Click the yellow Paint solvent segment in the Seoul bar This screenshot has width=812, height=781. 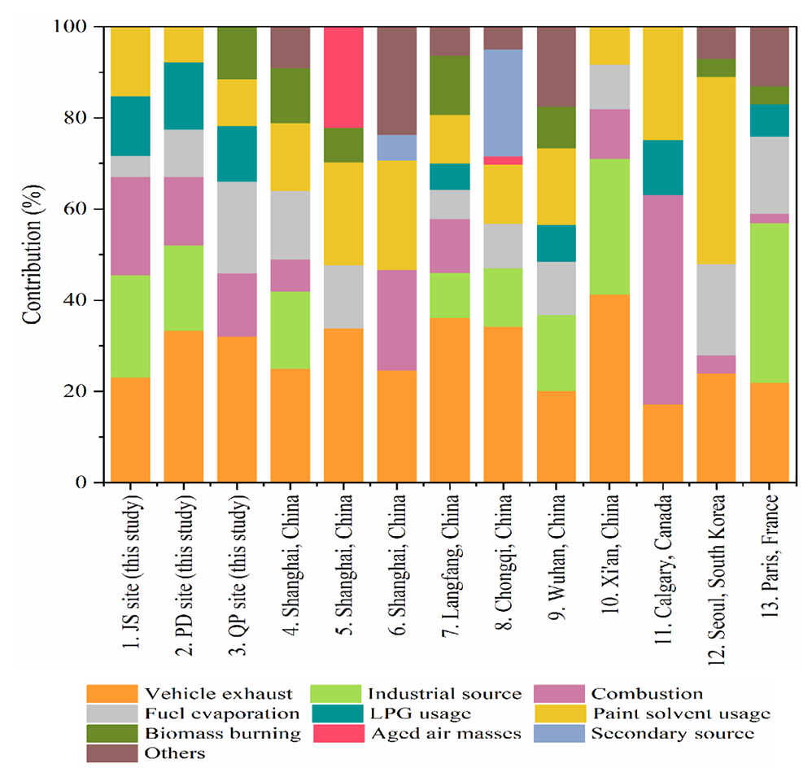(x=716, y=170)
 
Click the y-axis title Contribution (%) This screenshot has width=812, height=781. (x=31, y=255)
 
